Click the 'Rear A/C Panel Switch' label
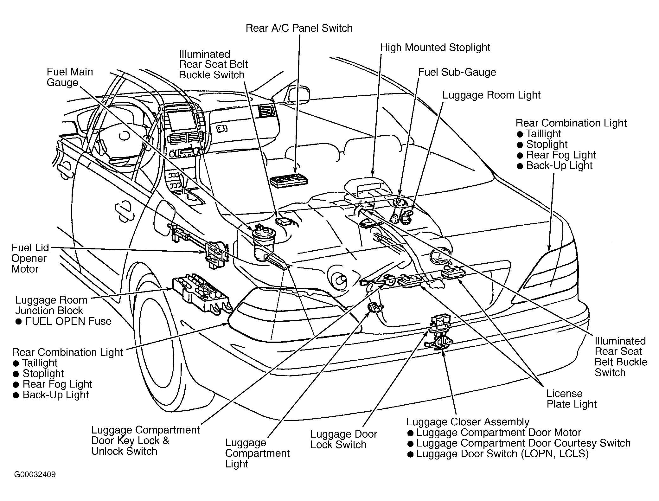tap(299, 28)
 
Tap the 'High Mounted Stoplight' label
tap(435, 48)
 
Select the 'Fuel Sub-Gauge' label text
tap(457, 72)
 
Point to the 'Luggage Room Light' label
tap(491, 95)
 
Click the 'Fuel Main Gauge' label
tap(70, 77)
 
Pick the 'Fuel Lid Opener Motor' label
tap(30, 258)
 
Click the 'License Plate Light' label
tap(572, 399)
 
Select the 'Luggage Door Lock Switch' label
tap(344, 439)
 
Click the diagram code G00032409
tap(35, 474)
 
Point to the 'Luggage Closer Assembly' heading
tap(468, 422)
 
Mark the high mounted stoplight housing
tap(368, 189)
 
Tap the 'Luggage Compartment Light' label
tap(257, 453)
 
